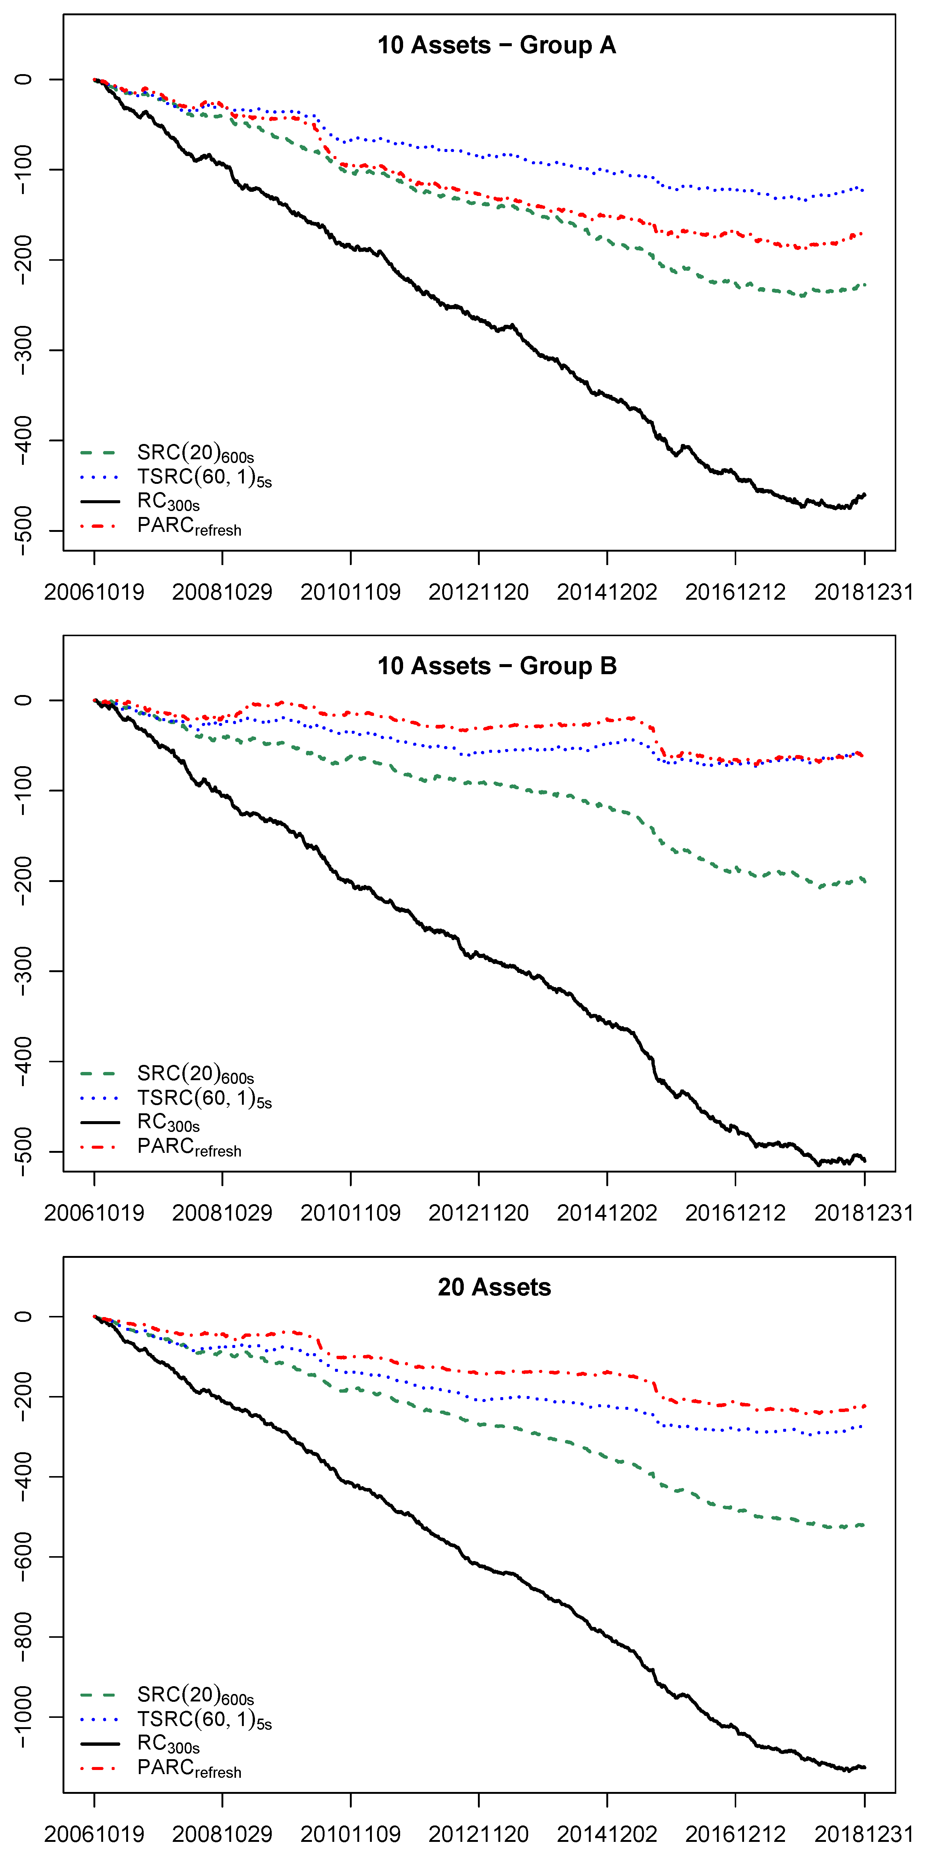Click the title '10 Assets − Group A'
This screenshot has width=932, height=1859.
pos(496,45)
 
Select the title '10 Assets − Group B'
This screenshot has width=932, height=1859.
pos(496,666)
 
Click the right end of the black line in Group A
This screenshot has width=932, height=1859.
pos(864,494)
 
